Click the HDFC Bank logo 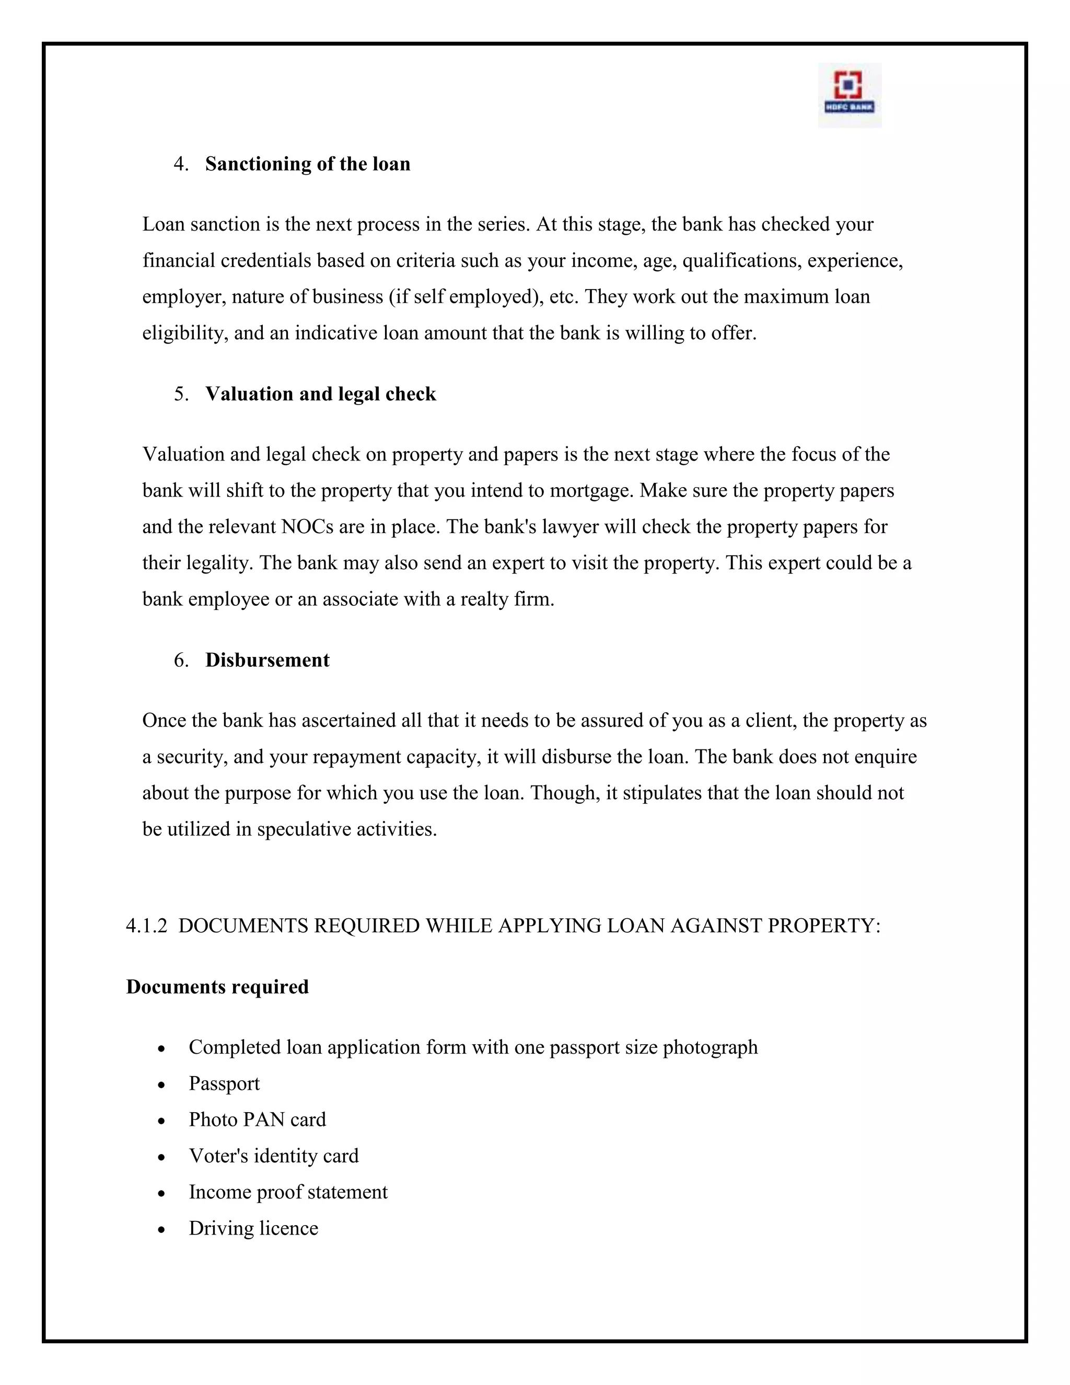tap(849, 95)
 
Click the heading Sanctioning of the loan tap(307, 164)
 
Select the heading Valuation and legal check tap(320, 395)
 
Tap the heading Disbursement tap(267, 660)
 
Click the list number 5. tap(180, 395)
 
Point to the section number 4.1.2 tap(146, 926)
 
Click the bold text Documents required tap(217, 987)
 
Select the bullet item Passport tap(224, 1084)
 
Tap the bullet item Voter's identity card tap(273, 1156)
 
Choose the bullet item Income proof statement tap(288, 1192)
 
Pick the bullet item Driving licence tap(253, 1228)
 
